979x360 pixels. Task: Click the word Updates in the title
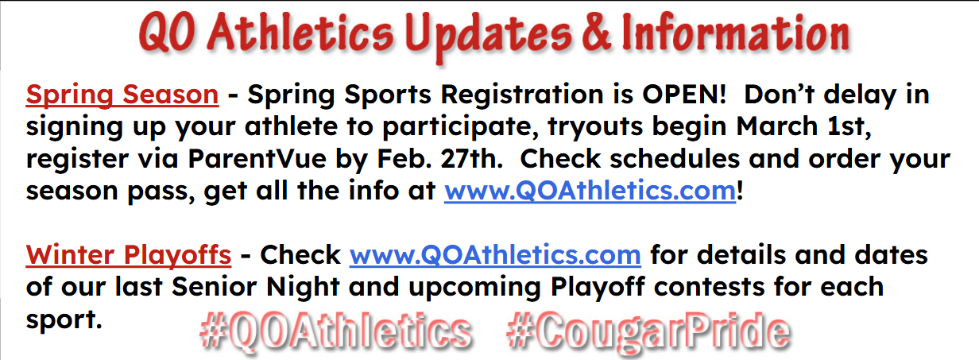(x=488, y=36)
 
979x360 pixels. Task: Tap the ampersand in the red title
(x=596, y=32)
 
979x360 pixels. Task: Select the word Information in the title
(x=736, y=32)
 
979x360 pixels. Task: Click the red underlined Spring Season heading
(x=122, y=95)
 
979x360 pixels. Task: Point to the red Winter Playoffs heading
(x=129, y=256)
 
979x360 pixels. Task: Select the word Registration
(x=522, y=95)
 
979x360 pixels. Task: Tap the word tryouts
(x=595, y=127)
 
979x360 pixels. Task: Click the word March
(x=776, y=126)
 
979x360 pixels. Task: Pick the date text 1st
(x=849, y=126)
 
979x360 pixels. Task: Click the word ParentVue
(x=257, y=158)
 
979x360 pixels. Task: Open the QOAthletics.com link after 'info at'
(x=590, y=191)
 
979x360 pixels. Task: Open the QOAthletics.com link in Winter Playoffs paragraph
(x=495, y=255)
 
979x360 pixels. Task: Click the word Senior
(x=215, y=287)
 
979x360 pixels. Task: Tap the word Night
(x=303, y=288)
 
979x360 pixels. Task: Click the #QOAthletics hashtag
(x=335, y=331)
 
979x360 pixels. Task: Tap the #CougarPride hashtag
(x=648, y=332)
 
